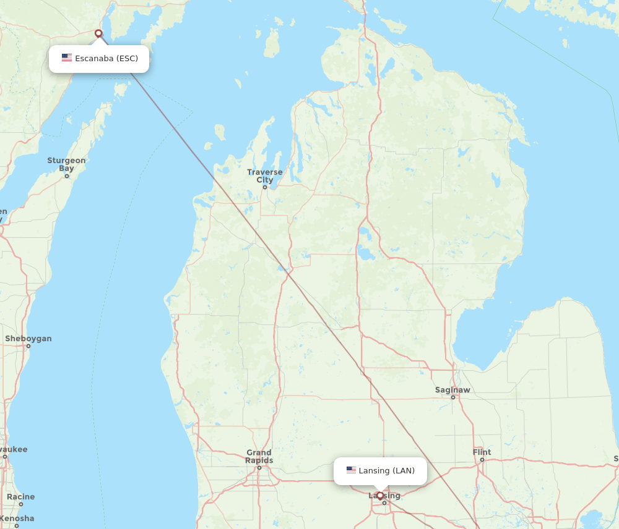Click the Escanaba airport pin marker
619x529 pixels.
pyautogui.click(x=98, y=33)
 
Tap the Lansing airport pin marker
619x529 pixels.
pyautogui.click(x=380, y=496)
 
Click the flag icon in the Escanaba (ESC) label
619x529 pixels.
pyautogui.click(x=67, y=58)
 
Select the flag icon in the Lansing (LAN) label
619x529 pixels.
pyautogui.click(x=351, y=470)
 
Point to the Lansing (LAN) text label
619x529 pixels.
pyautogui.click(x=387, y=471)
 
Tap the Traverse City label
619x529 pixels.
pyautogui.click(x=264, y=176)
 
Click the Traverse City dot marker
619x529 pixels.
pyautogui.click(x=264, y=187)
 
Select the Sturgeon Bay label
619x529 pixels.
pyautogui.click(x=66, y=164)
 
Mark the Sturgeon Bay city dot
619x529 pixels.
pyautogui.click(x=67, y=176)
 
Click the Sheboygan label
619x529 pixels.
pyautogui.click(x=28, y=339)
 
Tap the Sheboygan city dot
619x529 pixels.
pyautogui.click(x=28, y=346)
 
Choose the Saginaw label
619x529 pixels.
pyautogui.click(x=452, y=390)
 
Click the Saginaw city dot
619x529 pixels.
pyautogui.click(x=452, y=397)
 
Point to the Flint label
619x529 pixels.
pyautogui.click(x=482, y=452)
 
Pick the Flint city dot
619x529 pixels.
pyautogui.click(x=482, y=460)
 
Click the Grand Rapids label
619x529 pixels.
pyautogui.click(x=259, y=457)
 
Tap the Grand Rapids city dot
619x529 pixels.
pyautogui.click(x=259, y=467)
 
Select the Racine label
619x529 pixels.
pyautogui.click(x=21, y=497)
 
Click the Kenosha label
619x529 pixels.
pyautogui.click(x=17, y=518)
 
